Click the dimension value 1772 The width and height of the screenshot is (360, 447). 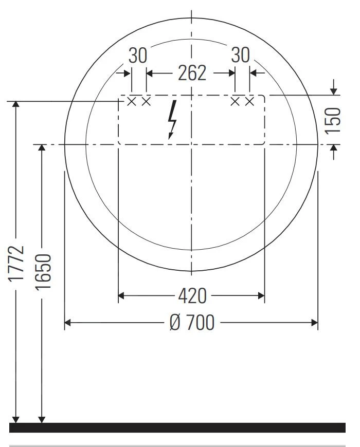tap(16, 263)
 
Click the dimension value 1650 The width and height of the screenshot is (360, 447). tap(43, 271)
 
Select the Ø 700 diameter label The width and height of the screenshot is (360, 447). tap(192, 323)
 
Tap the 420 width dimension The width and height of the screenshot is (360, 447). tap(192, 295)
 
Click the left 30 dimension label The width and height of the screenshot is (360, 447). tap(138, 55)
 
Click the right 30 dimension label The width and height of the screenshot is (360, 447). tap(240, 55)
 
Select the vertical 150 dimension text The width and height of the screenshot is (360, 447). tap(333, 120)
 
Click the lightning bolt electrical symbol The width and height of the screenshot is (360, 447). tap(173, 120)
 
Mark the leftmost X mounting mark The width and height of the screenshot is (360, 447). tap(132, 102)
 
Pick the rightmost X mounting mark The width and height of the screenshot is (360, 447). tap(250, 102)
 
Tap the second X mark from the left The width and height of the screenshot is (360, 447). tap(146, 102)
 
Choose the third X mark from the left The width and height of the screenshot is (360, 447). tap(236, 102)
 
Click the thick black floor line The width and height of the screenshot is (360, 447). tap(177, 427)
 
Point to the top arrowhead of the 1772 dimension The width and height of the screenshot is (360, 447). tap(16, 105)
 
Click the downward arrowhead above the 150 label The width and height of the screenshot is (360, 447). tap(333, 91)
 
